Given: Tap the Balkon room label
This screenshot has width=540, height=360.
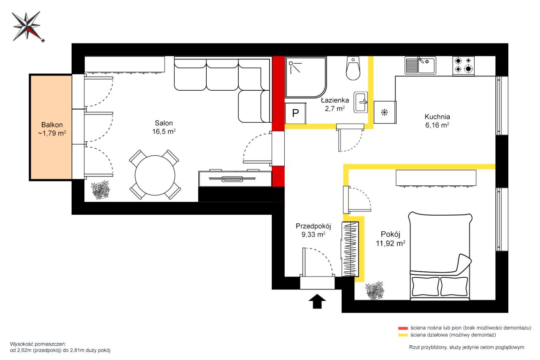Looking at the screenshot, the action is [x=52, y=129].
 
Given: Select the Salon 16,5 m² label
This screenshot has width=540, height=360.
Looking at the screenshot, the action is [x=164, y=127].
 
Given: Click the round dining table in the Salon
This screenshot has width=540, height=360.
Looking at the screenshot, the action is [x=155, y=175].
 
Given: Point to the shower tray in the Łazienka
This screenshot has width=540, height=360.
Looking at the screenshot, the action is [x=306, y=77].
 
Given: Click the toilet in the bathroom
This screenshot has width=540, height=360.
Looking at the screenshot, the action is [x=353, y=68].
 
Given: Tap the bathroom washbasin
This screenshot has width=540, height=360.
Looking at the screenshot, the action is [x=361, y=102].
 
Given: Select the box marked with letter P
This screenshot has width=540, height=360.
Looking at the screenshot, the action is [x=296, y=113].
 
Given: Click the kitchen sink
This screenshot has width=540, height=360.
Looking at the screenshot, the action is [x=421, y=65].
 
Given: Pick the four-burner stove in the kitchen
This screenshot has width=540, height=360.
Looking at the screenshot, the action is [x=463, y=66].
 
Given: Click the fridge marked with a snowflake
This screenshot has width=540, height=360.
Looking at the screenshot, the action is [x=385, y=112].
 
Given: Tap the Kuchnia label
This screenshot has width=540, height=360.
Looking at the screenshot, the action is [x=437, y=121].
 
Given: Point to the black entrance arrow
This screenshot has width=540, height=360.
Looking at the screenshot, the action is [x=317, y=301].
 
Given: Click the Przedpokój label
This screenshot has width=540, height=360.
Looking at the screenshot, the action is [x=313, y=230].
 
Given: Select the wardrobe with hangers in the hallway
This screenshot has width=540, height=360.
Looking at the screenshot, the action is [x=350, y=249].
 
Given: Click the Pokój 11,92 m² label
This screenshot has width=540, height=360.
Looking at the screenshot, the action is [x=391, y=239].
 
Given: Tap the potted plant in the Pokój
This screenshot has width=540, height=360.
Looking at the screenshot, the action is [x=374, y=290].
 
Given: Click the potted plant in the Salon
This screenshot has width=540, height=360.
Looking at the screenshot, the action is [x=100, y=190].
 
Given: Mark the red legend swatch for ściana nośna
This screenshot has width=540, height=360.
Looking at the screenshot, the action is [x=403, y=328].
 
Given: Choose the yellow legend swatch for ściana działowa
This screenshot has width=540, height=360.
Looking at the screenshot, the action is [x=403, y=335].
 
